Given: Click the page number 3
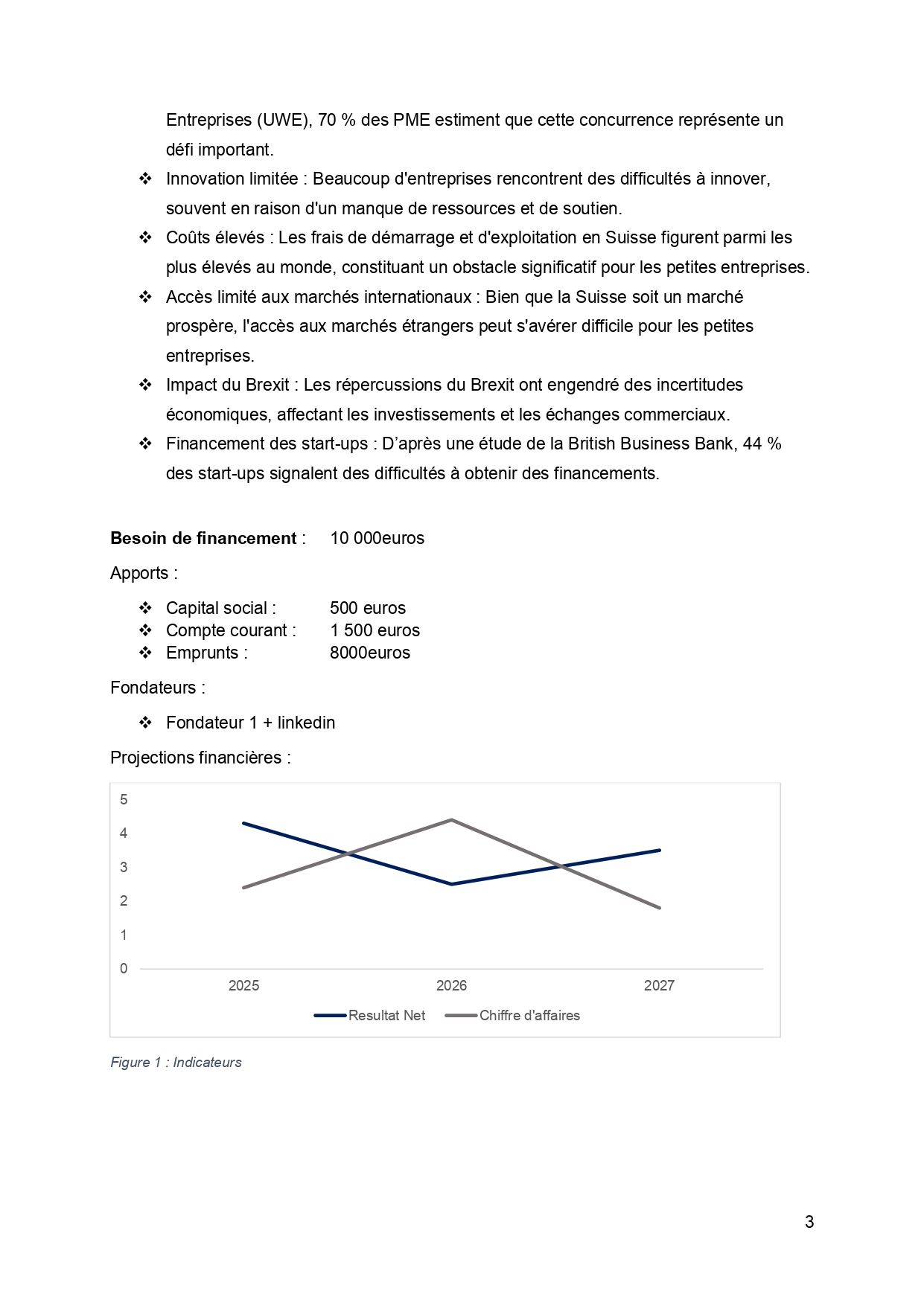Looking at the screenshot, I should pyautogui.click(x=809, y=1222).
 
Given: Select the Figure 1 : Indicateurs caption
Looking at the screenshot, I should pyautogui.click(x=176, y=1062).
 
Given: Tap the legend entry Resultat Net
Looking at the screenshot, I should pyautogui.click(x=386, y=1015).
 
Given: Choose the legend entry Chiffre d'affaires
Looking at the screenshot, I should pyautogui.click(x=529, y=1015).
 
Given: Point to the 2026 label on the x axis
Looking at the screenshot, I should pyautogui.click(x=451, y=985).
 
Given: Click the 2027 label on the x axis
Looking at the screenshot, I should pyautogui.click(x=659, y=985).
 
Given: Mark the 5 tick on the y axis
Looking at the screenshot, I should pyautogui.click(x=124, y=799).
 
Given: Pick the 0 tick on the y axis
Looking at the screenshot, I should pyautogui.click(x=124, y=968).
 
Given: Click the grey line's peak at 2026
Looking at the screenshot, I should pyautogui.click(x=451, y=820).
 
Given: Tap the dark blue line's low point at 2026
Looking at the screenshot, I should pyautogui.click(x=451, y=884).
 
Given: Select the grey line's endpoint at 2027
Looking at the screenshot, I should pyautogui.click(x=659, y=908).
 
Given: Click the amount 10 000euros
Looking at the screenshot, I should pyautogui.click(x=377, y=538).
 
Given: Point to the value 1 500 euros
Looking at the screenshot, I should pyautogui.click(x=375, y=630).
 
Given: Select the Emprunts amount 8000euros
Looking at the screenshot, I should pyautogui.click(x=369, y=653).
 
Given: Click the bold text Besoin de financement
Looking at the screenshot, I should pyautogui.click(x=203, y=538).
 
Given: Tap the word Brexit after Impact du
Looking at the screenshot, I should pyautogui.click(x=267, y=385).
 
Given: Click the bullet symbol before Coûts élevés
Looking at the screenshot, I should pyautogui.click(x=146, y=237).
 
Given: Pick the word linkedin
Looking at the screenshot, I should pyautogui.click(x=306, y=723).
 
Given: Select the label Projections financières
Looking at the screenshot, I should pyautogui.click(x=200, y=758).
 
